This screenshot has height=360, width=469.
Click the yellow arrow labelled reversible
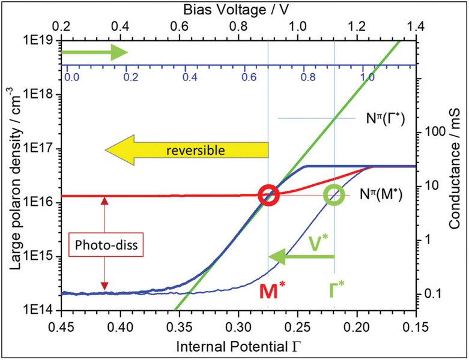[x=186, y=150]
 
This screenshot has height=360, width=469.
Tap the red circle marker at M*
[x=268, y=195]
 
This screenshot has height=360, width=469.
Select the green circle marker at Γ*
[x=334, y=195]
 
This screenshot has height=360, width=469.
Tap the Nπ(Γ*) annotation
[x=381, y=119]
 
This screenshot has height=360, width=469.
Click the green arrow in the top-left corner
[x=94, y=53]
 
